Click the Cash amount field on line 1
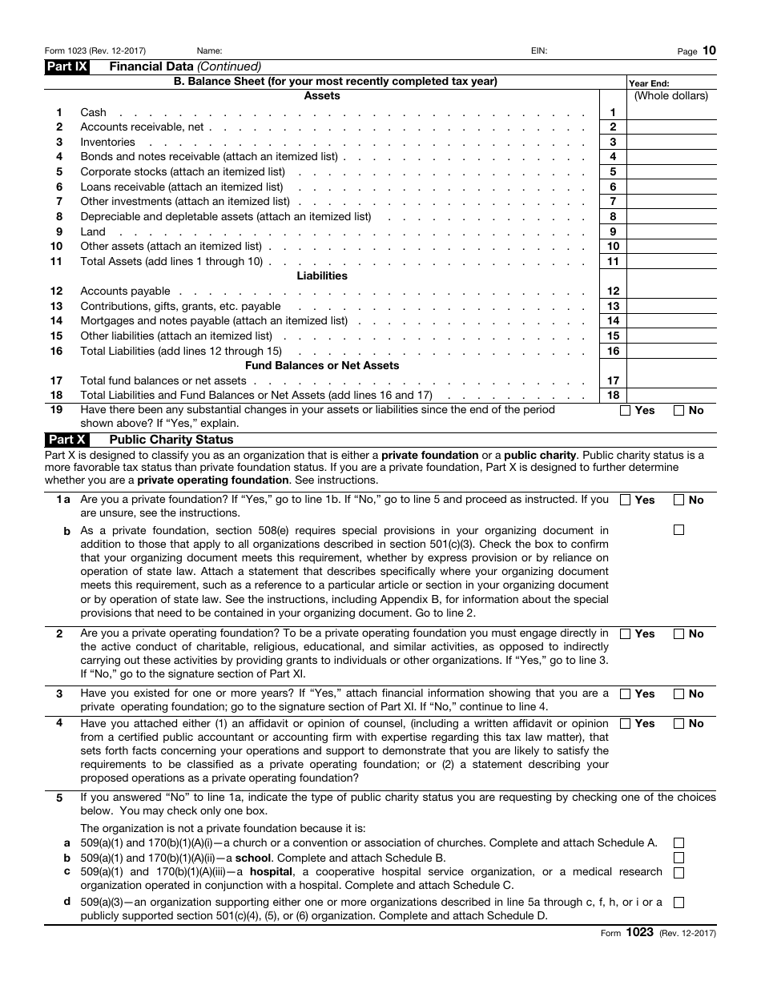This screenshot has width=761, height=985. [x=671, y=112]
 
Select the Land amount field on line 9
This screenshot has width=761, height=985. [x=671, y=231]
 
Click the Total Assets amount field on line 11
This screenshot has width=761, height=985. [x=671, y=261]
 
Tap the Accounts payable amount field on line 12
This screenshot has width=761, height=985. [x=671, y=291]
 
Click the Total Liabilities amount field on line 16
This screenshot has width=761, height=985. [x=671, y=351]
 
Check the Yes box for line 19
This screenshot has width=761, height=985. [x=626, y=411]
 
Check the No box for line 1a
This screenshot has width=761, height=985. [x=678, y=500]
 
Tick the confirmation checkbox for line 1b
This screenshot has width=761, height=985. [x=678, y=529]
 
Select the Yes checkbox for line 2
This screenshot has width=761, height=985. [x=626, y=634]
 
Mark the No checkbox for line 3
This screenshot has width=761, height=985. [x=678, y=694]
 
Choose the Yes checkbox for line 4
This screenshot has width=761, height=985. [x=626, y=724]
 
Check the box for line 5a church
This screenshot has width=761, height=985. [x=678, y=842]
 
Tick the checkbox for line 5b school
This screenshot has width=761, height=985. [x=678, y=858]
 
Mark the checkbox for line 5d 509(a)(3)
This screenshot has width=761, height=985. [x=678, y=903]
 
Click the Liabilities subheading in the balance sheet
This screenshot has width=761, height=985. [x=322, y=276]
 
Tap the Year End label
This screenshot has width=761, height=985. [x=649, y=83]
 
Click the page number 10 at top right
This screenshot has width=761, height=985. [x=710, y=50]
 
